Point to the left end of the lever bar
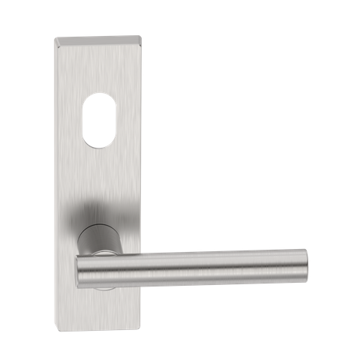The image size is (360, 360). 80,268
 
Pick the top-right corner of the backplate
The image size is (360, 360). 140,34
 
